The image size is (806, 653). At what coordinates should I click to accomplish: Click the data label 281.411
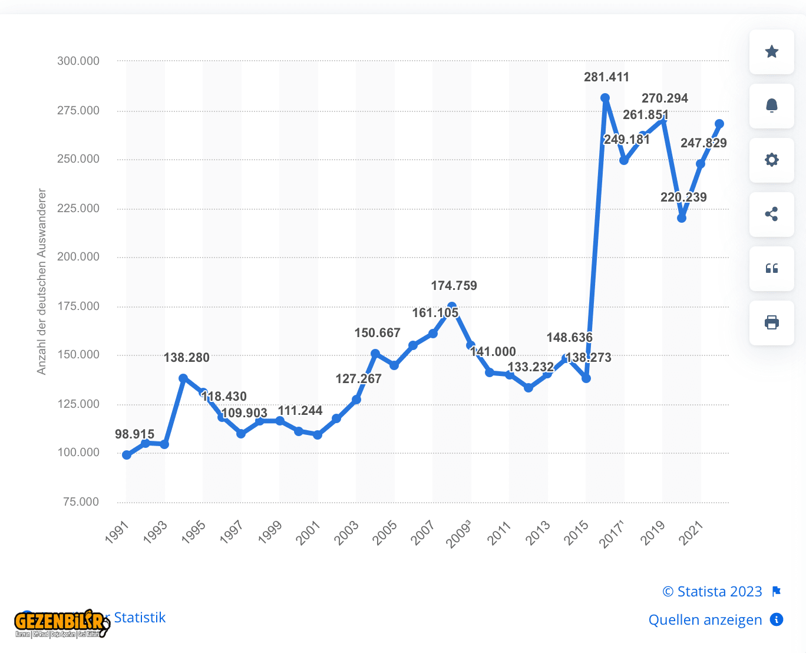click(x=606, y=77)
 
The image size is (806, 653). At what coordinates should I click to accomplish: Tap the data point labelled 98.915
click(x=127, y=455)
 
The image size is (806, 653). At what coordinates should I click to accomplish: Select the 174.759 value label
click(x=454, y=286)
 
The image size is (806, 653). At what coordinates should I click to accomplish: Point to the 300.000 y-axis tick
click(x=78, y=61)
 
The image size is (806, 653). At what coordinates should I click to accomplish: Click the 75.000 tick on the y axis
click(x=81, y=502)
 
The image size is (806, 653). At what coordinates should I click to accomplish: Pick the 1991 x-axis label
click(x=117, y=532)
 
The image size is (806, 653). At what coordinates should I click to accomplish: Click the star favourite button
click(x=771, y=52)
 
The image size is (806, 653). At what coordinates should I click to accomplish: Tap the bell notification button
click(x=771, y=106)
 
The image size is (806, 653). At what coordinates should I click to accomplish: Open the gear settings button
click(x=771, y=160)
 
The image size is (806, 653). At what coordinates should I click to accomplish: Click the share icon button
click(x=771, y=215)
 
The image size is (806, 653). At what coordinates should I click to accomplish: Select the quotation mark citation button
click(x=771, y=269)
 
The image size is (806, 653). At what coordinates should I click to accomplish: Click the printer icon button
click(x=771, y=323)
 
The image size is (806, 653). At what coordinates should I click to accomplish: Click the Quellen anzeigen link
click(x=705, y=620)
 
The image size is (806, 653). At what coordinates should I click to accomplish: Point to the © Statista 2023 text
click(x=712, y=592)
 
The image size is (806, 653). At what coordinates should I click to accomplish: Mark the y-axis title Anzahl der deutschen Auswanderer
click(x=41, y=281)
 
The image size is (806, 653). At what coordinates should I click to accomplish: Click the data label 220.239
click(x=683, y=197)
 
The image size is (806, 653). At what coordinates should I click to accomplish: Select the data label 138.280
click(x=186, y=358)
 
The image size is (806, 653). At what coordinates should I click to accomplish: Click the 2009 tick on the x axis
click(x=459, y=533)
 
